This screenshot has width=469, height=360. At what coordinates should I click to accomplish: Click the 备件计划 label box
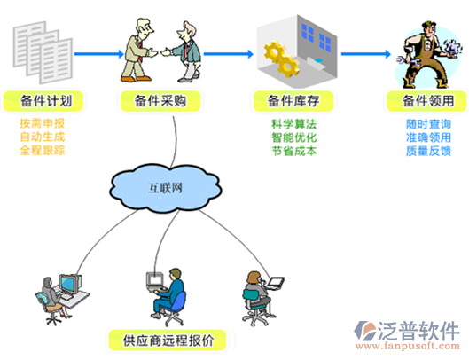(43, 101)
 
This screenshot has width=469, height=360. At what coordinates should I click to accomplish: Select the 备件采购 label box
(160, 101)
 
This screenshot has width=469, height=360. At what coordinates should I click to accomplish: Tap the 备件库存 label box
(293, 101)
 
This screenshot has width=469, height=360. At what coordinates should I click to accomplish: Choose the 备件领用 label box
(426, 101)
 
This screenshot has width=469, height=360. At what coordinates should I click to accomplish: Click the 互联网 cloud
(166, 188)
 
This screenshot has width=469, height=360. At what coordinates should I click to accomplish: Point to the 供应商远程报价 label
(168, 340)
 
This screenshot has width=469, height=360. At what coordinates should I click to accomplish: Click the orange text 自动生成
(43, 137)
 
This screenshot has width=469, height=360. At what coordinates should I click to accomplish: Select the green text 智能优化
(294, 137)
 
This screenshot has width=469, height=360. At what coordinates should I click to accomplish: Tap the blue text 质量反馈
(428, 151)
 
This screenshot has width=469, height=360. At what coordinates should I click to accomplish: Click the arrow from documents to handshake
(99, 54)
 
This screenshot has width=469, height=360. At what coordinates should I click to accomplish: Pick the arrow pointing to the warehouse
(229, 54)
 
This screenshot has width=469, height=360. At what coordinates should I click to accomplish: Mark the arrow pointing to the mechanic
(366, 54)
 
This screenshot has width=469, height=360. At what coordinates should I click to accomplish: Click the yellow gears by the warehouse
(282, 59)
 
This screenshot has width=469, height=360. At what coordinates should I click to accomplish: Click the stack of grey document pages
(43, 52)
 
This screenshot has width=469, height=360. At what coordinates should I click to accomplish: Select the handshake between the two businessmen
(158, 52)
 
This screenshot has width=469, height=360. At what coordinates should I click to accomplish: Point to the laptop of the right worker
(274, 284)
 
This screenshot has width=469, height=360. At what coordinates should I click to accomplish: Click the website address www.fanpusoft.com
(408, 346)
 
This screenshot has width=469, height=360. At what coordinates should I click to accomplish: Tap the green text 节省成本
(294, 151)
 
